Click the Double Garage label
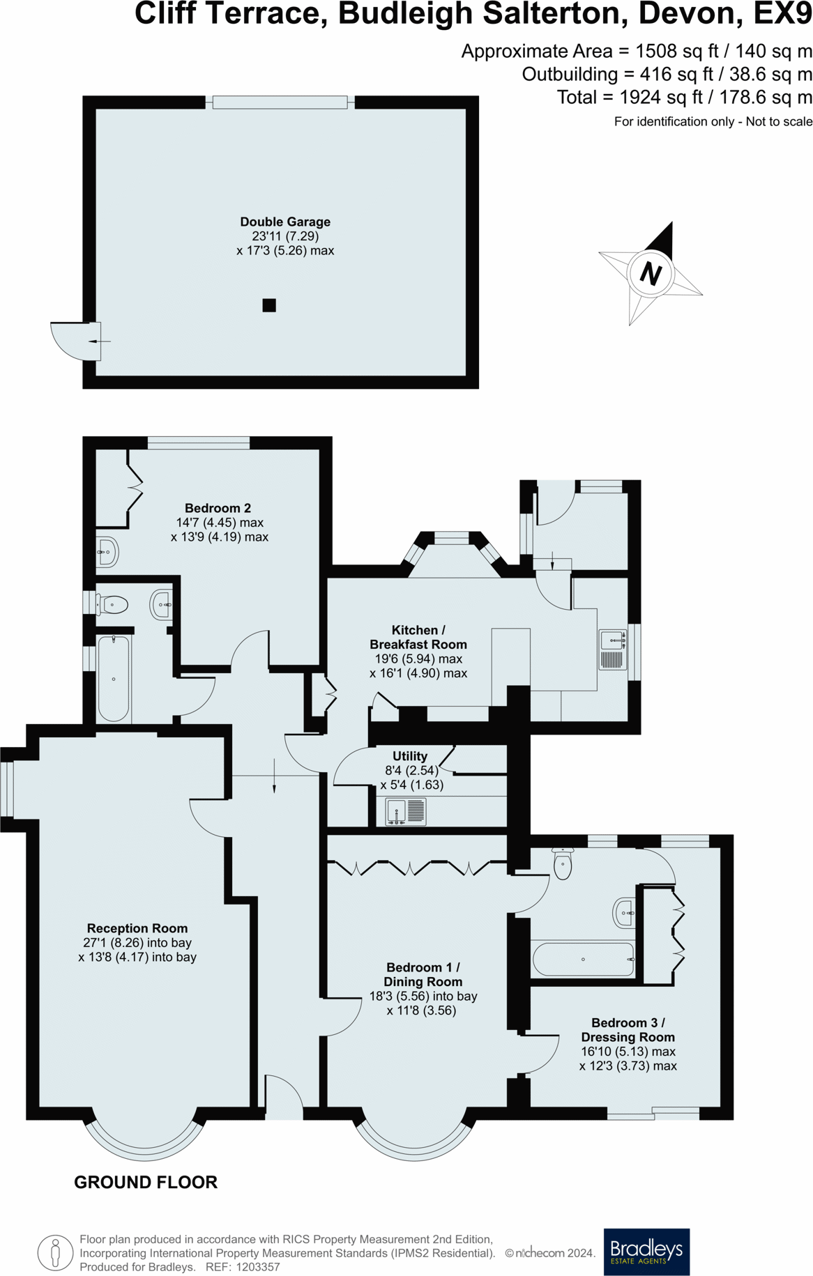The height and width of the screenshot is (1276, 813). coord(285,222)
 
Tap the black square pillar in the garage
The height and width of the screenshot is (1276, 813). coord(269,305)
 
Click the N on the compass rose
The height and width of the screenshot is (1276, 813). coord(650,273)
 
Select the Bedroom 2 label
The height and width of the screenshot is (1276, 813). coord(218,508)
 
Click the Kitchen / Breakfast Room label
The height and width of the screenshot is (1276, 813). coord(418,637)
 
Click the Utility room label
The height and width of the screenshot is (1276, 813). coord(409,756)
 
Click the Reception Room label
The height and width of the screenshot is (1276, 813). coord(137,928)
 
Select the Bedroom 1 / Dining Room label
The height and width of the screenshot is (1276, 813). coord(423,974)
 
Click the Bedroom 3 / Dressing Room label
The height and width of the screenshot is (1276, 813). coord(628,1029)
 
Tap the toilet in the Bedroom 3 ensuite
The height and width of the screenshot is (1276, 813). coord(562,864)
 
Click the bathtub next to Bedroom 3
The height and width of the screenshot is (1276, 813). coord(583,959)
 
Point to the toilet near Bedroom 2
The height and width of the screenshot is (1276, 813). coord(113,605)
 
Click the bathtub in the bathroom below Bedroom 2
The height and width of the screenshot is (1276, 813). coord(113,678)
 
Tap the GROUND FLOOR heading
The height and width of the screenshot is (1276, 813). coord(146,1182)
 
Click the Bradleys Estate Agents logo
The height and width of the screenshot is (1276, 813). coord(646,1252)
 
